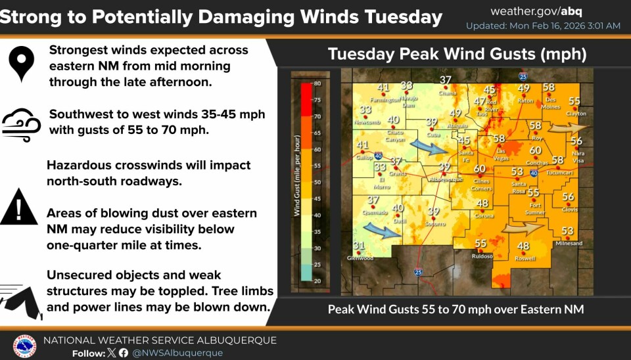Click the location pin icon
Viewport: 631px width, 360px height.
click(x=22, y=63)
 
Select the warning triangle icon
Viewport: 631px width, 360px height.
click(x=19, y=208)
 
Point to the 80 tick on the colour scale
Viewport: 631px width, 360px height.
click(x=317, y=83)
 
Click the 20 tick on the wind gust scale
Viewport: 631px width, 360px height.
click(x=317, y=281)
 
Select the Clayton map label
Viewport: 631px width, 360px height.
click(x=576, y=114)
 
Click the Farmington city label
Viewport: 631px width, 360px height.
click(x=385, y=101)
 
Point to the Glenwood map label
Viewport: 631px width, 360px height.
click(x=360, y=258)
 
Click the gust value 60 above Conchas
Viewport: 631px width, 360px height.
click(x=536, y=150)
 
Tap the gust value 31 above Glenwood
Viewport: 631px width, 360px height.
click(x=358, y=246)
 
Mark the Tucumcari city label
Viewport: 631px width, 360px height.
click(x=560, y=173)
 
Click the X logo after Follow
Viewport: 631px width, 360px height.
click(x=111, y=353)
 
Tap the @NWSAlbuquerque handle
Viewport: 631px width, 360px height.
click(x=178, y=353)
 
